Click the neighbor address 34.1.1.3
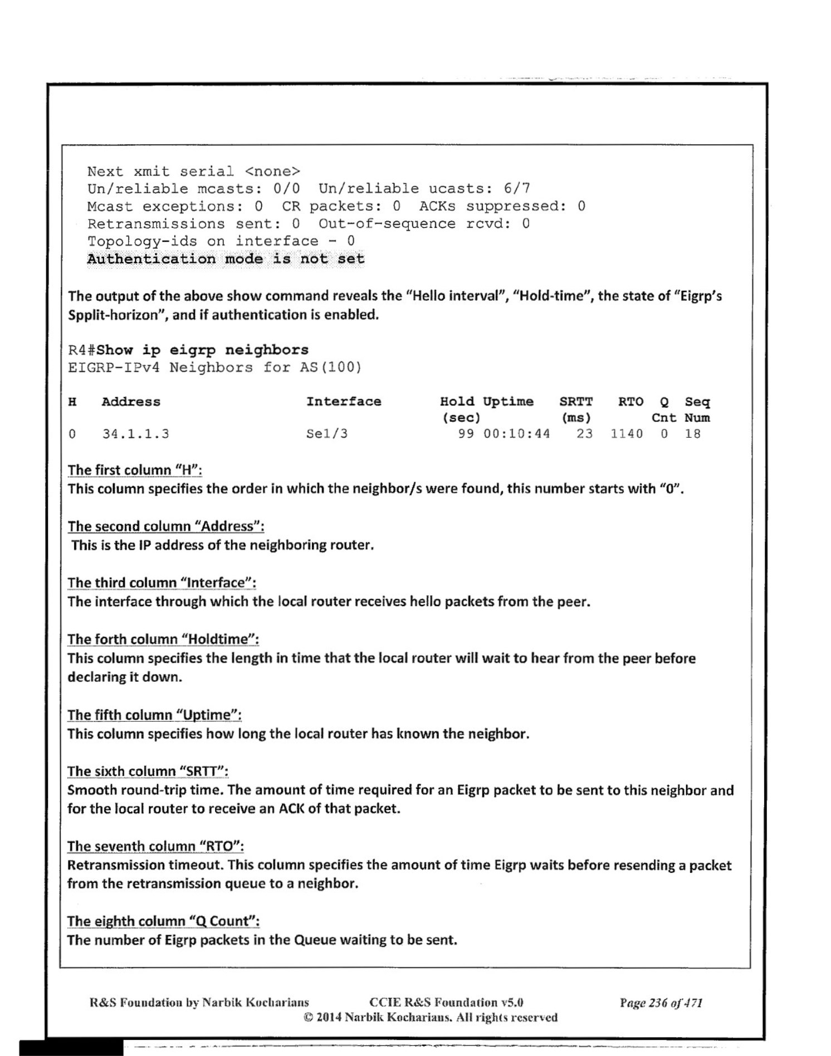coord(135,434)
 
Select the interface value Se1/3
coord(327,434)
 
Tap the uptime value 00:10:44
coord(516,434)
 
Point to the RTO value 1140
coord(626,434)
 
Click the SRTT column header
coord(576,402)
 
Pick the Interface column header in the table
coord(344,402)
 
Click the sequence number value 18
coord(692,434)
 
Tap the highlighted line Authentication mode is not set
coord(226,259)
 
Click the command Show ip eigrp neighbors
coord(202,350)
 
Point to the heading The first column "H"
coord(135,470)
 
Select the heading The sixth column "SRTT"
coord(148,771)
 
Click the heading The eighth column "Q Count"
coord(163,921)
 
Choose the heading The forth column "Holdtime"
coord(163,639)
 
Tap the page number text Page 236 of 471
coord(661,1003)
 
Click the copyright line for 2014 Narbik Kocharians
coord(430,1018)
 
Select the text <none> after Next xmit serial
coord(272,172)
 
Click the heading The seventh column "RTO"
coord(155,847)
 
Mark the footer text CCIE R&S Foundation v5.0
coord(446,1003)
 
